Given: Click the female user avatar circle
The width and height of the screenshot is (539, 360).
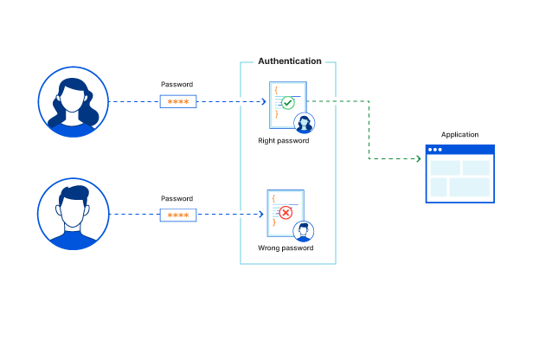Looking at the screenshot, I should pyautogui.click(x=74, y=102).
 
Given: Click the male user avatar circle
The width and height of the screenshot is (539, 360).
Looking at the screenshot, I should pyautogui.click(x=74, y=214).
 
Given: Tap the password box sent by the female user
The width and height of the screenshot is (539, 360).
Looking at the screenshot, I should pyautogui.click(x=177, y=101).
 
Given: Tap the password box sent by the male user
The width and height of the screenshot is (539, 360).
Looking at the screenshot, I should pyautogui.click(x=177, y=215).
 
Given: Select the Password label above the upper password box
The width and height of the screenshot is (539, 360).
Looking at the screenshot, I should pyautogui.click(x=176, y=85).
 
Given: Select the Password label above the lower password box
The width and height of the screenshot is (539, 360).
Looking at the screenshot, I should pyautogui.click(x=176, y=198).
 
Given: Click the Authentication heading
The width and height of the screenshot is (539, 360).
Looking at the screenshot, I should pyautogui.click(x=290, y=61).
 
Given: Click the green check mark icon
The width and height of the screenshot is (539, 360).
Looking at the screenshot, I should pyautogui.click(x=288, y=103).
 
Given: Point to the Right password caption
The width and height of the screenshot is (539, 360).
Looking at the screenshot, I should pyautogui.click(x=283, y=140).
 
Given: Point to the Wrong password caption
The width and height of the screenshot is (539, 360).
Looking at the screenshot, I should pyautogui.click(x=285, y=248).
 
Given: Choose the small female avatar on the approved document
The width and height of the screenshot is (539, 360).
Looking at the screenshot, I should pyautogui.click(x=304, y=123).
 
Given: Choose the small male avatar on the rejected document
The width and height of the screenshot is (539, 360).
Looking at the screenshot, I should pyautogui.click(x=303, y=231).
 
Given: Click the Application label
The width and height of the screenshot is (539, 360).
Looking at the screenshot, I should pyautogui.click(x=459, y=135).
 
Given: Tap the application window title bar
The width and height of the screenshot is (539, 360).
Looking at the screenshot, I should pyautogui.click(x=459, y=150).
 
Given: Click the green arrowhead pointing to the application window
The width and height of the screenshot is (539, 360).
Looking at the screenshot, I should pyautogui.click(x=417, y=159).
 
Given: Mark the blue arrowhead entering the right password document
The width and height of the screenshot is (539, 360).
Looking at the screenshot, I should pyautogui.click(x=263, y=101).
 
